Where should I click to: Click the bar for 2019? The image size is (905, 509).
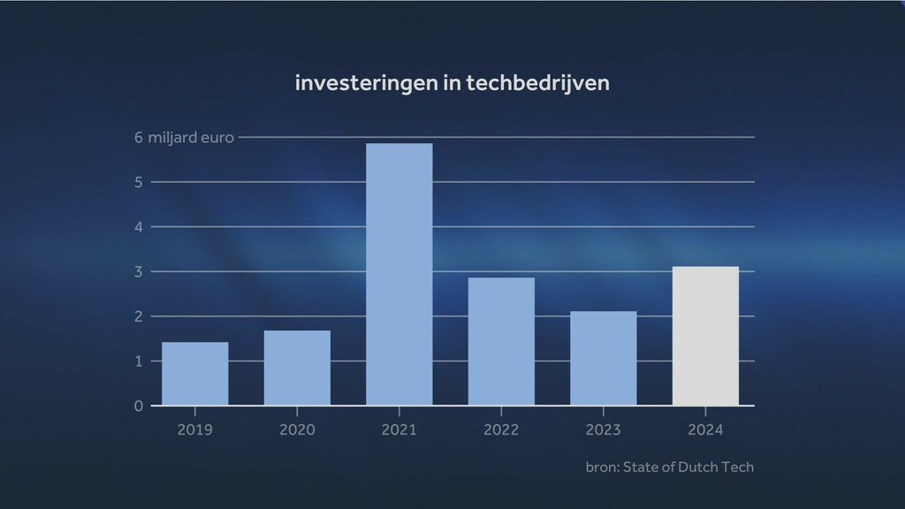194,374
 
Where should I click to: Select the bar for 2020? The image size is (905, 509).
297,368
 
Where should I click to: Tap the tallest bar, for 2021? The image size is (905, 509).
399,274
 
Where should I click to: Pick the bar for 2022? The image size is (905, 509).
501,341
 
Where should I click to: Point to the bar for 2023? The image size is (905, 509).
603,358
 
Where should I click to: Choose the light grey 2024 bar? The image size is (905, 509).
705,336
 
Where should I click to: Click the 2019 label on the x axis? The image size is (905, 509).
194,430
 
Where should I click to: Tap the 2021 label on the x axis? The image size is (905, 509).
399,430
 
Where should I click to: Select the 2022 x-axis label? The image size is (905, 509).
501,430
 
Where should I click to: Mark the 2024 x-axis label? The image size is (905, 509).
705,430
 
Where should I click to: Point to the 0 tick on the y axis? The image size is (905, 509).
139,406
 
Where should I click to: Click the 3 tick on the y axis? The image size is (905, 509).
139,271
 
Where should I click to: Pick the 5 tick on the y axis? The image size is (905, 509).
139,182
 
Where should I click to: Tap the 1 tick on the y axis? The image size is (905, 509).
139,361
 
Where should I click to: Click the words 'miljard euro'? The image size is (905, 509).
191,138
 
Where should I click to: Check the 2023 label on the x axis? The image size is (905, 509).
603,430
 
